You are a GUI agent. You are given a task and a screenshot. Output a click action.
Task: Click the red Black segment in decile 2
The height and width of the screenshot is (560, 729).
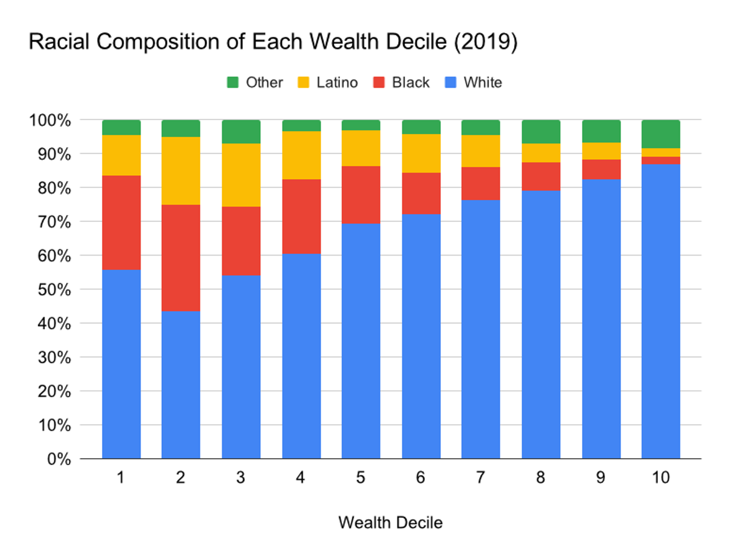point(181,258)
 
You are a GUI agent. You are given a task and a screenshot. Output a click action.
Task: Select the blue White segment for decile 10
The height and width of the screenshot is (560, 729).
point(661,311)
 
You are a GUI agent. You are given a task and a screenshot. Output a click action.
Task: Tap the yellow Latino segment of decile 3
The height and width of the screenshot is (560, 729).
point(241,175)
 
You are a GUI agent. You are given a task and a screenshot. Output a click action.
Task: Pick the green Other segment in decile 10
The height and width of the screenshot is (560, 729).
point(661,134)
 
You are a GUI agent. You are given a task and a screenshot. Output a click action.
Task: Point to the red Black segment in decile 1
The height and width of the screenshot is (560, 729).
point(121,223)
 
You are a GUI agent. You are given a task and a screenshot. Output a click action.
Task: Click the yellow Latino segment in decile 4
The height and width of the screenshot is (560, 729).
point(301,155)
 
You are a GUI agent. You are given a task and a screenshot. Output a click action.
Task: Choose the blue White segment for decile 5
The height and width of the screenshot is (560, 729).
point(361,341)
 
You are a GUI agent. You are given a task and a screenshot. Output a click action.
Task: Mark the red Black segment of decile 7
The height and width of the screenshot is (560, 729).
point(481,183)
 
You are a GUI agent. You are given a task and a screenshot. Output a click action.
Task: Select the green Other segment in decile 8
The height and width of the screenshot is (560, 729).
point(540,131)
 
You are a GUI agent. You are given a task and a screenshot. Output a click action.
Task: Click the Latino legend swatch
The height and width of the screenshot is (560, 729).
point(304,83)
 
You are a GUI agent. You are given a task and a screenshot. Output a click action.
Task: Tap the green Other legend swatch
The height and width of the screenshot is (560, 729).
point(232,83)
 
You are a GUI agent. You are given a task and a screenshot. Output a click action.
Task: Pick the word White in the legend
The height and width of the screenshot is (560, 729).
point(482,83)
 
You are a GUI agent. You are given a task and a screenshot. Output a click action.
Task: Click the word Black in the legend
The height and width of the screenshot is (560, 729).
point(411,83)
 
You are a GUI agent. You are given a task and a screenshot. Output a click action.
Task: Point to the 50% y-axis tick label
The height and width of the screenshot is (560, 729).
point(54,290)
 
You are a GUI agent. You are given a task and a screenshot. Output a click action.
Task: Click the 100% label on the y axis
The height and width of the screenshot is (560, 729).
point(50,121)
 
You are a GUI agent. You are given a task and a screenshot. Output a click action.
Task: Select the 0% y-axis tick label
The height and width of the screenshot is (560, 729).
point(59,459)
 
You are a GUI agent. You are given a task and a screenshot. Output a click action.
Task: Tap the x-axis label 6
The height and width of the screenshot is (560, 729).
point(420,477)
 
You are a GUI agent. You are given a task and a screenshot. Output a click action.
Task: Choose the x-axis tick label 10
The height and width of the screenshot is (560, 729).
point(661,477)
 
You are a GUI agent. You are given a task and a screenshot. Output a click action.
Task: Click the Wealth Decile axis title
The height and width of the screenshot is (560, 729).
point(390,522)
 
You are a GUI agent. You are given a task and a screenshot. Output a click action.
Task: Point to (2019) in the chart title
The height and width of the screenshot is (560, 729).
point(485,42)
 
